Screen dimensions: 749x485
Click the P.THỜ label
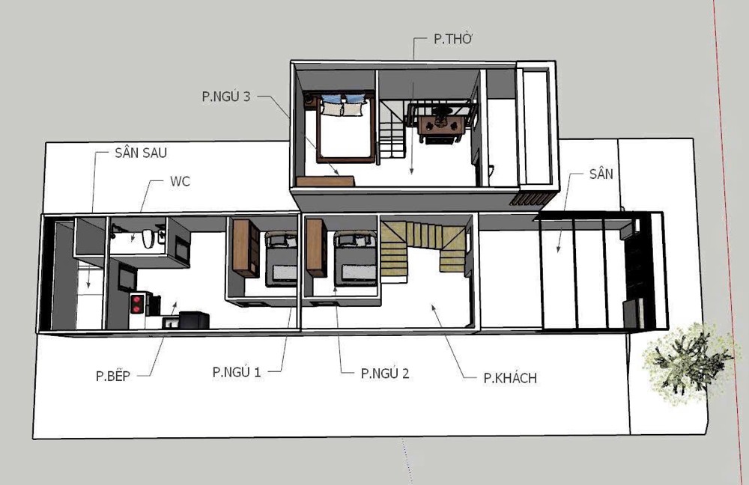tap(453, 39)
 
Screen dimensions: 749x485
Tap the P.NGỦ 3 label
tap(226, 97)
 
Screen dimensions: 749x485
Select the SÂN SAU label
tap(141, 153)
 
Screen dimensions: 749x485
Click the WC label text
tap(180, 181)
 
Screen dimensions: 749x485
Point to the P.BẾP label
tap(113, 376)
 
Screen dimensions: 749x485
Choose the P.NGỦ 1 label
tap(237, 372)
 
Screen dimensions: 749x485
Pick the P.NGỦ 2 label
tap(385, 373)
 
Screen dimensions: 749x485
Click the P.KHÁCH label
tap(510, 377)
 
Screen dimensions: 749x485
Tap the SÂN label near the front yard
tap(601, 174)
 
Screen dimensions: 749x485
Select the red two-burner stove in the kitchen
tap(136, 304)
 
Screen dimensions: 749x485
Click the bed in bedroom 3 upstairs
tap(345, 127)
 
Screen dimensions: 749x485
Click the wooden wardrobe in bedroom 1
tap(246, 248)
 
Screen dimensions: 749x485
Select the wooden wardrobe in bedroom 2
tap(316, 247)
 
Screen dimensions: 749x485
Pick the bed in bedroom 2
tap(355, 258)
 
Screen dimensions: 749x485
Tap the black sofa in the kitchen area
tap(193, 320)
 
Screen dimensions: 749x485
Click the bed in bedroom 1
tap(282, 258)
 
